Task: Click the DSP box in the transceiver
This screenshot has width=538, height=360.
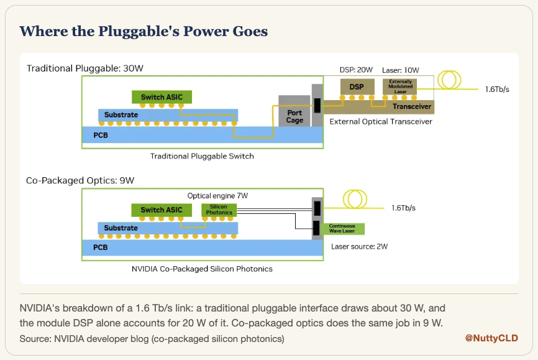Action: [357, 87]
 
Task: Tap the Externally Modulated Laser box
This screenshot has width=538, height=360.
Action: [399, 86]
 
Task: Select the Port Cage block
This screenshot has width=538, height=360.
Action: [294, 111]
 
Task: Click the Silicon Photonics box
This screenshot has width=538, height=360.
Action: [219, 210]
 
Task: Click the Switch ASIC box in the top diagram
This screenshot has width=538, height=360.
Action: [162, 97]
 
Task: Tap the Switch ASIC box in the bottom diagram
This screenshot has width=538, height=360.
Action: [162, 210]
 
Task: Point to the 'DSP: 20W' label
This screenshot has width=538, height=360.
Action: [356, 70]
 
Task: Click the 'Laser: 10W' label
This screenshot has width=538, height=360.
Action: [401, 70]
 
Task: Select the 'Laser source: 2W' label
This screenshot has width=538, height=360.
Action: [359, 246]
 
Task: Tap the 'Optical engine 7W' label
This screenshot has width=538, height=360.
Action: [217, 196]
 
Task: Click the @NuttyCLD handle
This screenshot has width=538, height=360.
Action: [491, 338]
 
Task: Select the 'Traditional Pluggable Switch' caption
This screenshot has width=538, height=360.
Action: [202, 156]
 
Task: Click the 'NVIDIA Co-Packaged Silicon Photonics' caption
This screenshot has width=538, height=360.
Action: [202, 269]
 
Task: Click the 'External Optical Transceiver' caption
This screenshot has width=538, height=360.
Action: [381, 122]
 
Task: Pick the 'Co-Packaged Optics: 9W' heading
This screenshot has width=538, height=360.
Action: [80, 180]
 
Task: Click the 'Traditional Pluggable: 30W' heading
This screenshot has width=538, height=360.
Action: [85, 68]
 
